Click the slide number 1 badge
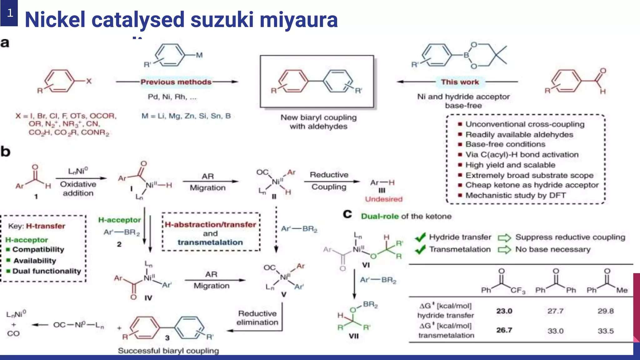click(x=9, y=13)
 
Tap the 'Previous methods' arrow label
click(x=176, y=82)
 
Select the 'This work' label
click(x=460, y=82)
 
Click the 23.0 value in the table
click(x=504, y=311)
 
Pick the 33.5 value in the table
click(x=605, y=331)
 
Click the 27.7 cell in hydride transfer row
click(x=555, y=311)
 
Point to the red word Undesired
click(x=384, y=199)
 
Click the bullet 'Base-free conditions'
click(x=505, y=144)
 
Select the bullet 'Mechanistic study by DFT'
click(x=515, y=195)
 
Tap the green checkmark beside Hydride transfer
click(x=420, y=237)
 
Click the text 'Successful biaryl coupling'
click(x=168, y=351)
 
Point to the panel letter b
click(x=5, y=151)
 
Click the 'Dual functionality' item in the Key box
click(x=47, y=271)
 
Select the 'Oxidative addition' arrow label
click(x=78, y=188)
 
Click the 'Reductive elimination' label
click(x=257, y=318)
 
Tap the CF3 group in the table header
click(x=518, y=291)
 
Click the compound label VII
click(x=353, y=336)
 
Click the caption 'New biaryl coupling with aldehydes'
click(x=318, y=122)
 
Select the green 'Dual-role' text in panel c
click(x=380, y=216)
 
